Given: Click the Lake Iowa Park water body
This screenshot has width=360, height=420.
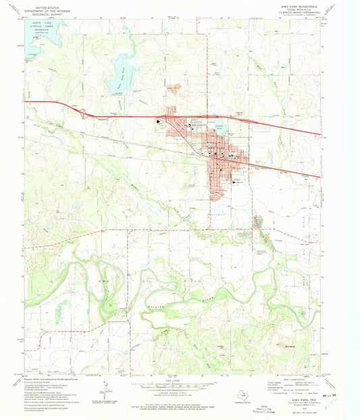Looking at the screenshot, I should pos(122,68).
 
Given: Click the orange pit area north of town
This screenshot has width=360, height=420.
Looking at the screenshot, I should pos(175,87).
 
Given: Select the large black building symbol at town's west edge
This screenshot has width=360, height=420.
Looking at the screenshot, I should pos(159,122).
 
